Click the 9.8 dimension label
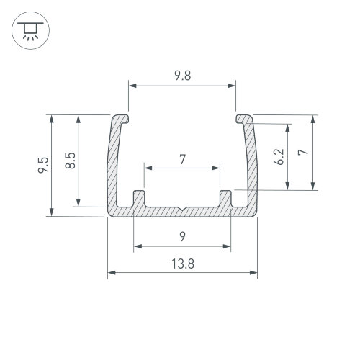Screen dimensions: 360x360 click(183, 76)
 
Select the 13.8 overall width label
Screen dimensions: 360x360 click(183, 264)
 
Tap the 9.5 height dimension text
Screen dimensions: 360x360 click(43, 165)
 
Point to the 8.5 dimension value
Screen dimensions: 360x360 click(71, 161)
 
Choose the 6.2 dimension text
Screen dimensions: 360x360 click(279, 157)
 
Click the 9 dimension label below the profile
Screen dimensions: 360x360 click(183, 237)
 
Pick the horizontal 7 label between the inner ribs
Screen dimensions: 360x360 click(183, 159)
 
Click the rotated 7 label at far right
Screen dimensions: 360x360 click(303, 152)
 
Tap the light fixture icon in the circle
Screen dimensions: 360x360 click(30, 30)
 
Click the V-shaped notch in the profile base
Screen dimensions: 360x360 click(182, 208)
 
